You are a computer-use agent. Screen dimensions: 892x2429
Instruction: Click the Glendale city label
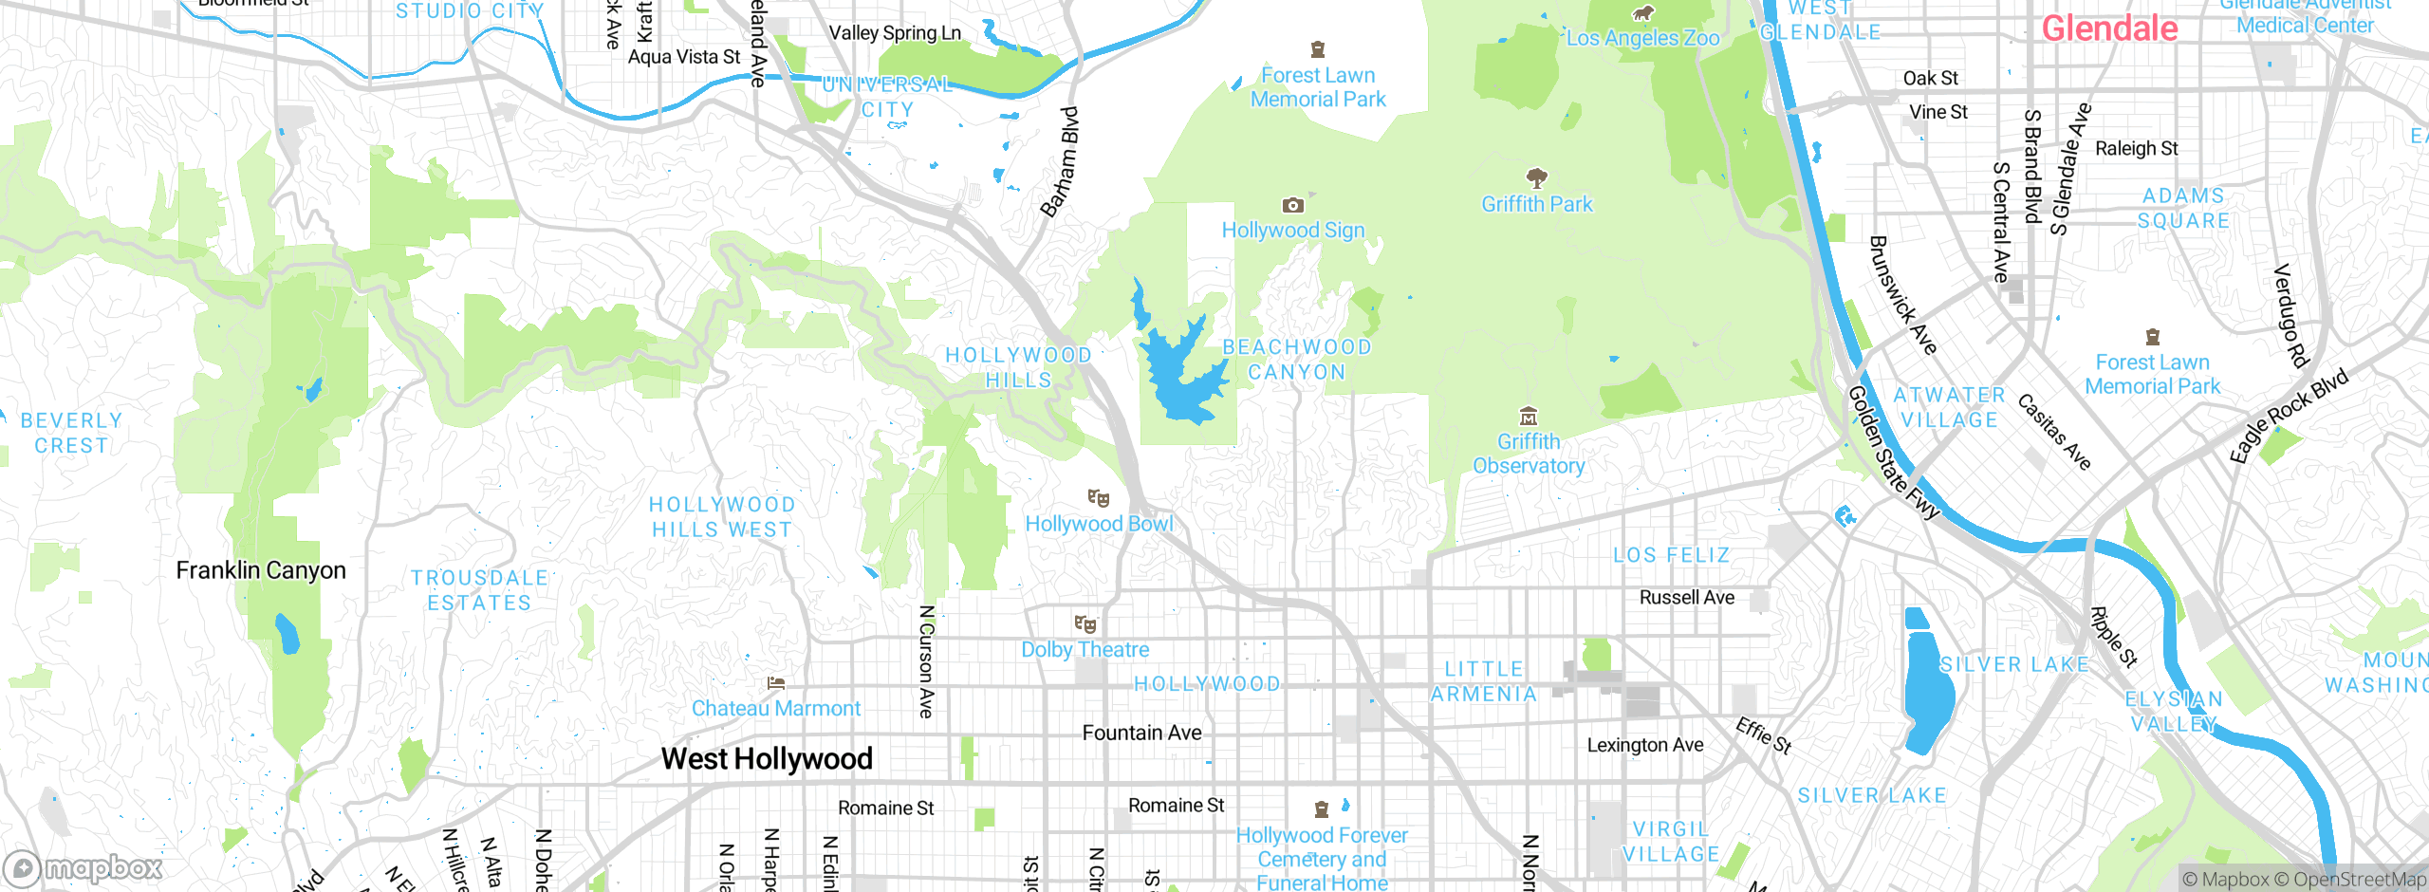2108,28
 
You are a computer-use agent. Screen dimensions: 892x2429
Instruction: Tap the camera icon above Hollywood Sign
1292,205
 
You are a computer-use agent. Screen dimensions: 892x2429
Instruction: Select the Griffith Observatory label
1528,454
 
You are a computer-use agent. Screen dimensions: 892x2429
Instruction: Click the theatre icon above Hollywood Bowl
1099,498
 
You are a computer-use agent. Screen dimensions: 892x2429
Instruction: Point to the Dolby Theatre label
1085,650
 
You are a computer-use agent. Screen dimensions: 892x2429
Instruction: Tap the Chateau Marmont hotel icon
776,683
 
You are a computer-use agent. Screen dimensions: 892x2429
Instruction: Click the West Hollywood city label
767,758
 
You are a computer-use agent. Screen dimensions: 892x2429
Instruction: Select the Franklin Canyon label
261,570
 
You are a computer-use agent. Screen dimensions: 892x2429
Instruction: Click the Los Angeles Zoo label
1642,38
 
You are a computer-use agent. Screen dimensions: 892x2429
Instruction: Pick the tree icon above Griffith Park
1537,177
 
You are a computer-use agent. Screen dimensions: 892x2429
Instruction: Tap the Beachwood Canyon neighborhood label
1296,360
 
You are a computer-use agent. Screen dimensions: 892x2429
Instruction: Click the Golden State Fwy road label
1893,453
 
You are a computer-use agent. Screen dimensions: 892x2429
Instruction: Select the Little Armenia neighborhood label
1483,681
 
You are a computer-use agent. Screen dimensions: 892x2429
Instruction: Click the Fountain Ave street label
1141,733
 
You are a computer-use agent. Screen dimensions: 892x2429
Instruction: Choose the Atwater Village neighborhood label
1949,407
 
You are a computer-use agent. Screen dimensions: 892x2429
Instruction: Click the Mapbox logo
83,867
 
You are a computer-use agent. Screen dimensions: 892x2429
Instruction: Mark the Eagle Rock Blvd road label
2289,415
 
